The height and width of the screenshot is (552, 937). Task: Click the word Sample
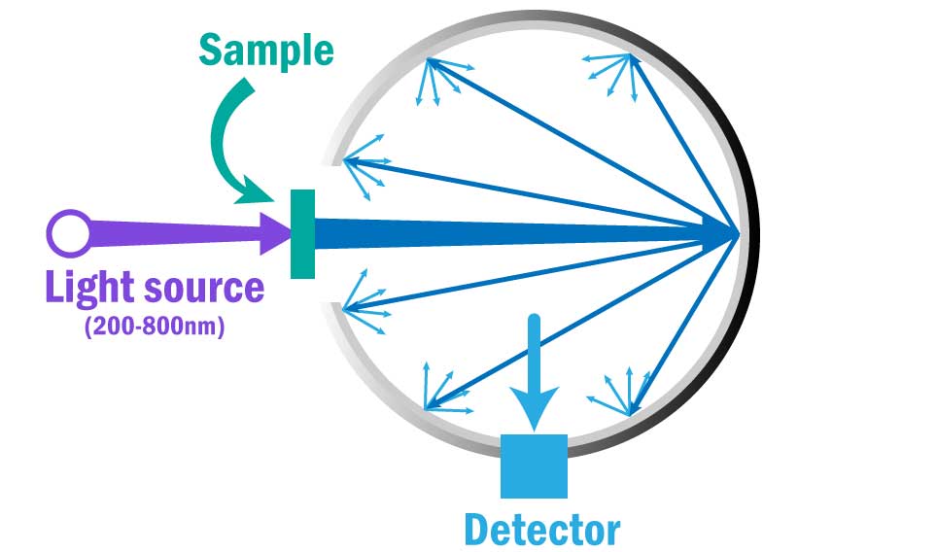[x=265, y=50]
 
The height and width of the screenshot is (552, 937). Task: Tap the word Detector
[x=541, y=530]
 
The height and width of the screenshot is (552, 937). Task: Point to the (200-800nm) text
[x=156, y=327]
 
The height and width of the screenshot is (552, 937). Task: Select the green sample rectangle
[x=302, y=233]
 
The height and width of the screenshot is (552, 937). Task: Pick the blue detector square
[x=533, y=466]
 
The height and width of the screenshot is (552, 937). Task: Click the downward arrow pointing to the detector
[x=534, y=379]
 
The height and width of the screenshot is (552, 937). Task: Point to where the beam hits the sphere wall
[x=737, y=233]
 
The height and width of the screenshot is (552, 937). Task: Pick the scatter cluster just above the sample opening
[x=364, y=170]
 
